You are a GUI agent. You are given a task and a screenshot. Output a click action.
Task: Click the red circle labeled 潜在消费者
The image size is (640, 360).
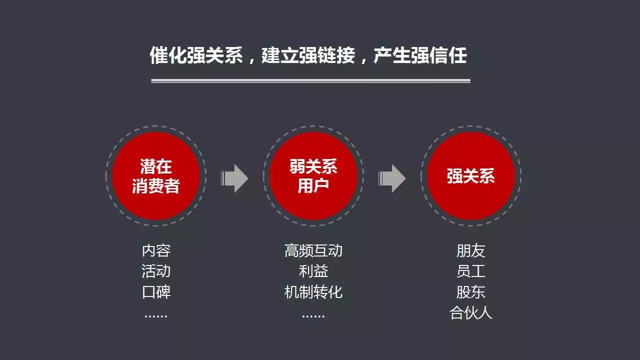155,176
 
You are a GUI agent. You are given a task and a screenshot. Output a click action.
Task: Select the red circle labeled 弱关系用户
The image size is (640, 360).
313,176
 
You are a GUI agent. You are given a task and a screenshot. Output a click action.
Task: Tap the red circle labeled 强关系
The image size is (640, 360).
471,176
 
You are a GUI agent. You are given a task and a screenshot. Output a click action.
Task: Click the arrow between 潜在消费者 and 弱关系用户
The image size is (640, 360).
234,178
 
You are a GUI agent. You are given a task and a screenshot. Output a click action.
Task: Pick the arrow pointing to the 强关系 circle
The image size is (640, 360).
392,178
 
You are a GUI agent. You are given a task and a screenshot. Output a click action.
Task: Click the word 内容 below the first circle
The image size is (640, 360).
156,250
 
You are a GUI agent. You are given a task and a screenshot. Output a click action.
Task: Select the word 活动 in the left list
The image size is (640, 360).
156,271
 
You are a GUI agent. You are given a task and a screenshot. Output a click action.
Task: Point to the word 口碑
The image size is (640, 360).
156,292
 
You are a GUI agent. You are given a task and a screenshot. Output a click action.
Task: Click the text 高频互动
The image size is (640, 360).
313,250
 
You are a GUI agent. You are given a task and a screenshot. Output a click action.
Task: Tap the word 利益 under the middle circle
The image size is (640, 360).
313,271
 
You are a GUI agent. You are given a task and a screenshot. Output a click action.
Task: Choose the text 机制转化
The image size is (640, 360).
313,292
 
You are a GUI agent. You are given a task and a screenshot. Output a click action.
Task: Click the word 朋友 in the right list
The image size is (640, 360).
471,250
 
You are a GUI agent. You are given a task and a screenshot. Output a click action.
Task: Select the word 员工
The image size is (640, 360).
471,271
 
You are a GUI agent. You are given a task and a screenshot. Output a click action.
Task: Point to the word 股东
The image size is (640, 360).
471,292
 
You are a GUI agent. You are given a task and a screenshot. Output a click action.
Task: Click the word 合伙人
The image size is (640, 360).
471,312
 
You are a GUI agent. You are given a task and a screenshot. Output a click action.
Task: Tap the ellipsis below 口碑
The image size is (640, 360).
156,316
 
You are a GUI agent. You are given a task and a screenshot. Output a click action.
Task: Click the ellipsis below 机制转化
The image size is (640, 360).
313,316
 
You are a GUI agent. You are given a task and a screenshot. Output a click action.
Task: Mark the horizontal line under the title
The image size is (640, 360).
310,81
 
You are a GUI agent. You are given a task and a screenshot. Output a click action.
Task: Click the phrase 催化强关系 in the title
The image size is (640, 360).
196,55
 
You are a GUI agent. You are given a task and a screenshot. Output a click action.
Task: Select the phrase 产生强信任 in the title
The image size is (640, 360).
420,55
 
